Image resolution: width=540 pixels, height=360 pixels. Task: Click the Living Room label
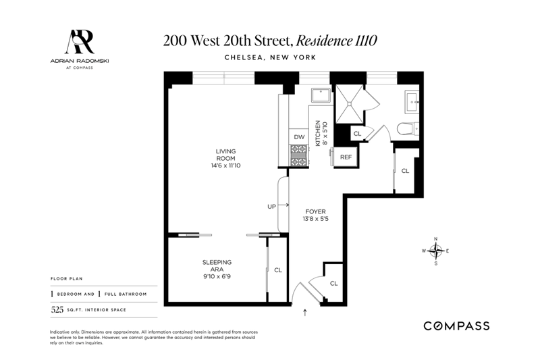click(x=225, y=158)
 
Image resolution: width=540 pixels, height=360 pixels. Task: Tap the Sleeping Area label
click(x=217, y=269)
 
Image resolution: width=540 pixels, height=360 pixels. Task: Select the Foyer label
click(x=315, y=215)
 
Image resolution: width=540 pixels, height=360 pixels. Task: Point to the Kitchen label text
click(x=321, y=133)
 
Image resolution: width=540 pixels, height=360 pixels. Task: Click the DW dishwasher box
click(x=299, y=136)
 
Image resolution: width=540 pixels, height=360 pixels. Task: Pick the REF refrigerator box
click(x=346, y=157)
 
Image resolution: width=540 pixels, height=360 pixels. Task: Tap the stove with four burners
click(x=298, y=156)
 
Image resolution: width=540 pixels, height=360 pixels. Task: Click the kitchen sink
click(x=321, y=95)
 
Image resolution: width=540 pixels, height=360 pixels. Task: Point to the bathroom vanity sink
click(x=412, y=101)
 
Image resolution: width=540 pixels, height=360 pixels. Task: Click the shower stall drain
click(x=350, y=103)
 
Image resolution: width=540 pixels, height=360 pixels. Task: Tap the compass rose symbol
click(x=435, y=251)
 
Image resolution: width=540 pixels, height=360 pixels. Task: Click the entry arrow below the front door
click(x=305, y=313)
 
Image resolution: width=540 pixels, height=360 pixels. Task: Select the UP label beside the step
click(x=272, y=207)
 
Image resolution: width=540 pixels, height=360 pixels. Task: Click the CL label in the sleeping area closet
click(x=278, y=270)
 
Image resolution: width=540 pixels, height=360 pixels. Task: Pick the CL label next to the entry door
click(x=333, y=284)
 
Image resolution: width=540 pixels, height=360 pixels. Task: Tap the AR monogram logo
click(x=80, y=42)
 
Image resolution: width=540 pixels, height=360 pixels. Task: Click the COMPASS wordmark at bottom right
click(x=456, y=326)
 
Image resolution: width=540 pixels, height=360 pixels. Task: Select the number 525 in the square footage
click(x=57, y=310)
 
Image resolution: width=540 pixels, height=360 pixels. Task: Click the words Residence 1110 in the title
click(x=336, y=41)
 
